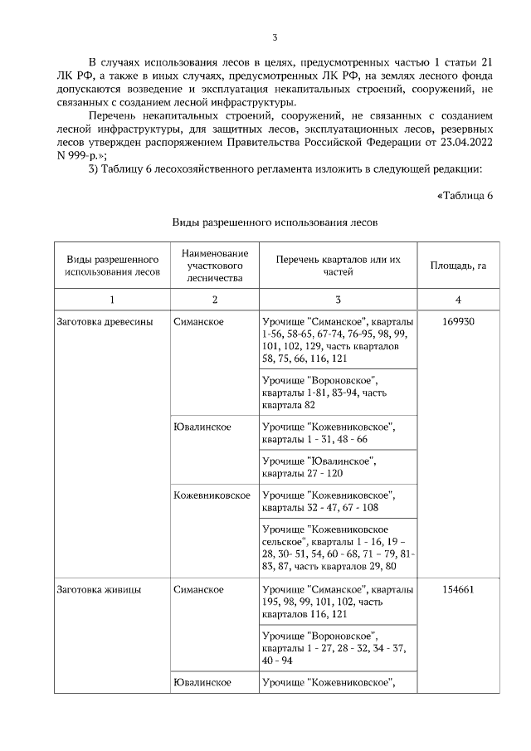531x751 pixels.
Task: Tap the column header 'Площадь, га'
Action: coord(458,266)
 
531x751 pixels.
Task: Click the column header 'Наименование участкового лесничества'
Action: coord(214,266)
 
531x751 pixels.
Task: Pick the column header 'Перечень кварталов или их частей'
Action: coord(337,266)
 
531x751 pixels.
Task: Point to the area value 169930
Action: coord(458,320)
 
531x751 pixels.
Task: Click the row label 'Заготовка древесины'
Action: coord(104,320)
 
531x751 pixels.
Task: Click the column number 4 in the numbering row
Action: coord(458,299)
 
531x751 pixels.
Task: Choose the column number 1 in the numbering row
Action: coord(112,299)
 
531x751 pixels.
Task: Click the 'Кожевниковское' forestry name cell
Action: coord(212,495)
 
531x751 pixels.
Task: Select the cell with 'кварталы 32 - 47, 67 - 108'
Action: coord(337,501)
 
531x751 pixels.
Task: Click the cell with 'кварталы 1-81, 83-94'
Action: coord(337,393)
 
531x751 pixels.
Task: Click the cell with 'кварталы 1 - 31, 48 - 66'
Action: coord(337,433)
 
